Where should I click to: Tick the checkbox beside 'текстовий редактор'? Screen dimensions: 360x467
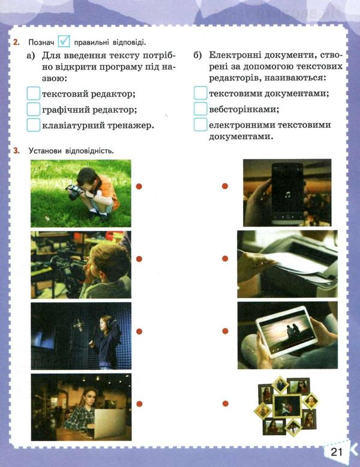[x=34, y=94]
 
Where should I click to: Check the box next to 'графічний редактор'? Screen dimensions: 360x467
[x=34, y=109]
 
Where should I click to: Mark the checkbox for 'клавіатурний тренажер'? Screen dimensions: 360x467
[x=34, y=125]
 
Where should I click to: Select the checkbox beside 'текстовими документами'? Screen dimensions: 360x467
[x=200, y=93]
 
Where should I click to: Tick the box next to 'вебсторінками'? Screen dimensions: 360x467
[x=200, y=109]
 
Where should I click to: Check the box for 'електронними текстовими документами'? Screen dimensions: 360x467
[x=200, y=124]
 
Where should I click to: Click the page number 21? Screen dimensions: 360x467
[x=337, y=452]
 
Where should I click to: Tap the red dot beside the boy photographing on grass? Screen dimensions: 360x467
[x=139, y=186]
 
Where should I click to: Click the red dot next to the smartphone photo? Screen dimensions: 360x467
[x=225, y=186]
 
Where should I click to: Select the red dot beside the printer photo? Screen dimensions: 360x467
[x=225, y=258]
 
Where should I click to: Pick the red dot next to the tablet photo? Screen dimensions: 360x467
[x=225, y=331]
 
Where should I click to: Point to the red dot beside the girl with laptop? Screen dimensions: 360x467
[x=139, y=404]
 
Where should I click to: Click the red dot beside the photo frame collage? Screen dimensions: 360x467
[x=225, y=403]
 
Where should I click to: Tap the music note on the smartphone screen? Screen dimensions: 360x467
[x=287, y=195]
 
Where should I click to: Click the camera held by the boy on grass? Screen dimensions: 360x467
[x=75, y=192]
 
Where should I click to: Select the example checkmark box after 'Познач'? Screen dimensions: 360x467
[x=64, y=41]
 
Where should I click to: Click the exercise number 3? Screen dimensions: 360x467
[x=16, y=150]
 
